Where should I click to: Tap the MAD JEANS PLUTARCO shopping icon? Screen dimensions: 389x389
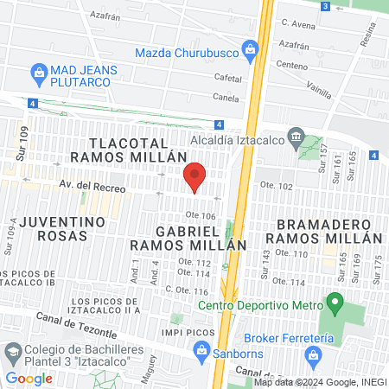pos(38,71)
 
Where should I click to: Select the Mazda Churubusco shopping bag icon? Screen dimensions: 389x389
pos(251,48)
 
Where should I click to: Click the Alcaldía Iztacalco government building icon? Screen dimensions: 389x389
pos(296,136)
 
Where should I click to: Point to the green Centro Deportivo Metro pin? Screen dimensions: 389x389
pos(335,303)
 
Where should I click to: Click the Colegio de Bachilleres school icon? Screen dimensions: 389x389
pos(13,351)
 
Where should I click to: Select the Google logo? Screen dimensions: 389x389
pos(29,378)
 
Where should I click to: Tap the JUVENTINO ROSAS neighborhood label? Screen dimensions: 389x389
pos(63,229)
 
